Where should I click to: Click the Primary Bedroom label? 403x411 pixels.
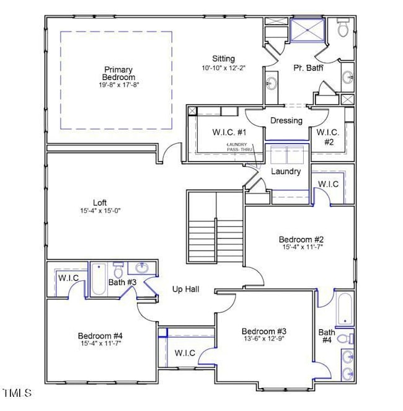[120, 73]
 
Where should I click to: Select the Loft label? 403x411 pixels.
[100, 203]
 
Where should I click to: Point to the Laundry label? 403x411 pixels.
[286, 171]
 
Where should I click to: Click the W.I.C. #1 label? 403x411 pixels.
[212, 132]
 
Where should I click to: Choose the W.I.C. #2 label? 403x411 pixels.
[327, 136]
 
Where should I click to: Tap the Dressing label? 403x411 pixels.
[286, 121]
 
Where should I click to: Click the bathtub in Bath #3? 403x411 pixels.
[99, 280]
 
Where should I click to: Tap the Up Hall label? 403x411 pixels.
[185, 289]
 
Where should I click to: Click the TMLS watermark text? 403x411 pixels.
[17, 393]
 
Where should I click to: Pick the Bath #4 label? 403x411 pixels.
[327, 337]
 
